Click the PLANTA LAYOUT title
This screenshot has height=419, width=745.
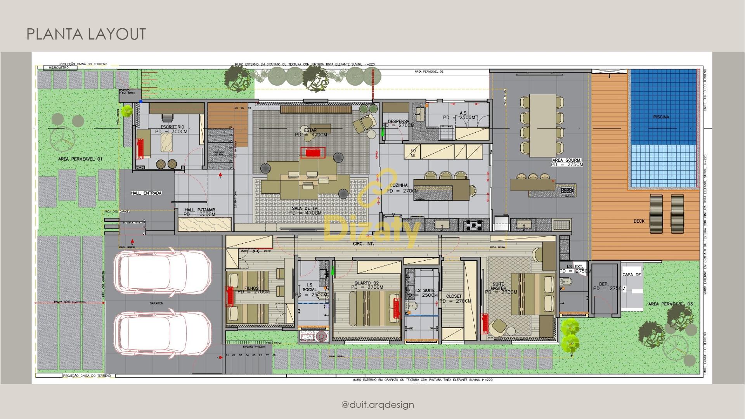pyautogui.click(x=86, y=34)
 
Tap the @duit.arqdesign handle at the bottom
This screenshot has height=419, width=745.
pyautogui.click(x=378, y=405)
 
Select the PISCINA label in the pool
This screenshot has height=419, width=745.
pyautogui.click(x=661, y=117)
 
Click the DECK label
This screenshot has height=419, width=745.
pyautogui.click(x=639, y=221)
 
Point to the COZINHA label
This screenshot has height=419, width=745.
pyautogui.click(x=398, y=185)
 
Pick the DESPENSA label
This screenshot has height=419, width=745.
pyautogui.click(x=398, y=121)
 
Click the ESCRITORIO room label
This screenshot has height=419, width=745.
pyautogui.click(x=172, y=127)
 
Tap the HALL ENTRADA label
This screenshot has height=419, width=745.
pyautogui.click(x=146, y=193)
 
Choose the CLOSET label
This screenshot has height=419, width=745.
pyautogui.click(x=454, y=296)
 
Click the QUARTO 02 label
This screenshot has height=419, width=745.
pyautogui.click(x=366, y=283)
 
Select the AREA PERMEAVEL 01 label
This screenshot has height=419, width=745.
pyautogui.click(x=80, y=159)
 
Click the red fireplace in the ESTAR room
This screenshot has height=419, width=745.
pyautogui.click(x=313, y=153)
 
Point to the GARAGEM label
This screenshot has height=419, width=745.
pyautogui.click(x=156, y=303)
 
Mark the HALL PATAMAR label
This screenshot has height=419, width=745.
pyautogui.click(x=200, y=210)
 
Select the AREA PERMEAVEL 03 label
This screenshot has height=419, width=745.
pyautogui.click(x=670, y=304)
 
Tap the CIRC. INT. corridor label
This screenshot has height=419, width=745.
pyautogui.click(x=364, y=244)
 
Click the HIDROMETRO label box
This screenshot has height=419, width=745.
pyautogui.click(x=59, y=68)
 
